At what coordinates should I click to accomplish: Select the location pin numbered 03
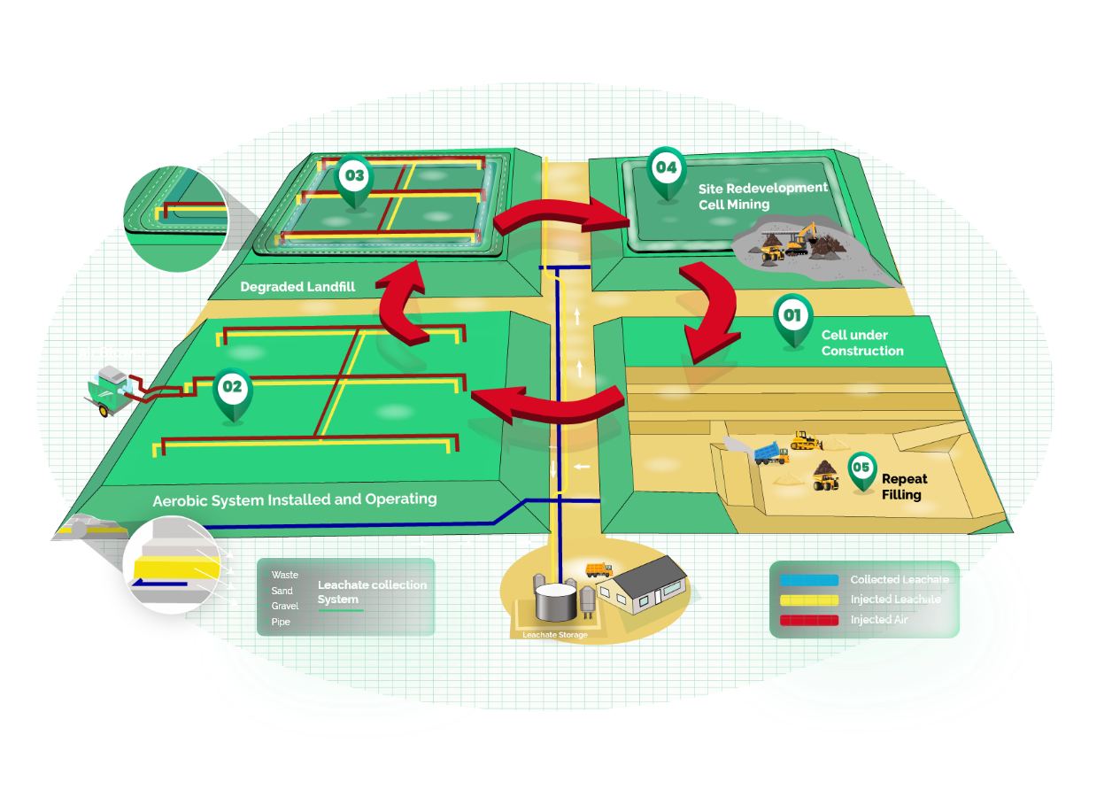(354, 179)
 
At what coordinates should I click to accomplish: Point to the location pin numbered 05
(861, 470)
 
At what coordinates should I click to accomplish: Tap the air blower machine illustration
(112, 389)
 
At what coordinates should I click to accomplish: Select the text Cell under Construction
(861, 343)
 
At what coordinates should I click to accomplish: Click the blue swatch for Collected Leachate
(809, 580)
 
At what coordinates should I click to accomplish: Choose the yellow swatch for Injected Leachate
(809, 600)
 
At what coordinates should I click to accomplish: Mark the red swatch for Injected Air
(809, 620)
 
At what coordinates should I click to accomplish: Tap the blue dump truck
(768, 453)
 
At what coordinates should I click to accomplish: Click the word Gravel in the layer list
(284, 607)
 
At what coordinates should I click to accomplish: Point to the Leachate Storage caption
(553, 635)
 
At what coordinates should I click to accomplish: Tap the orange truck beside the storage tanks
(598, 569)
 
